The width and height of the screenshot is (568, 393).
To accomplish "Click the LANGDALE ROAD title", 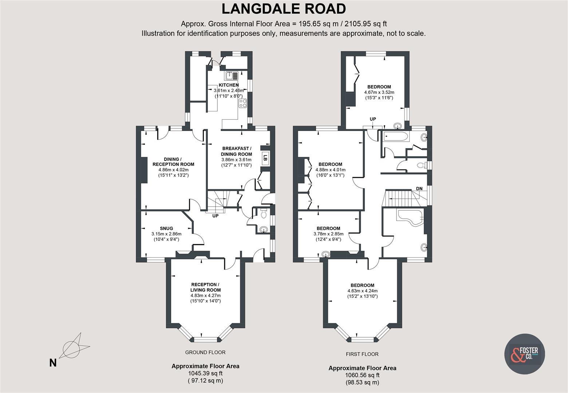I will pyautogui.click(x=284, y=9).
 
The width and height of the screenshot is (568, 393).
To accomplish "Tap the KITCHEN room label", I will pyautogui.click(x=229, y=85).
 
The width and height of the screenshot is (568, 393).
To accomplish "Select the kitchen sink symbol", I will pyautogui.click(x=231, y=76).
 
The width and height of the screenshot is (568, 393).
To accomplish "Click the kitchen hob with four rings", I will pyautogui.click(x=242, y=103).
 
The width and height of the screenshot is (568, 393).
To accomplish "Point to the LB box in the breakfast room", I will pyautogui.click(x=265, y=158).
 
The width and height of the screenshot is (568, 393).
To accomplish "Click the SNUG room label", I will pyautogui.click(x=166, y=229).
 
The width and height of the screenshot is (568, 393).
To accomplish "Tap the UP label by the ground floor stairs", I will pyautogui.click(x=215, y=216).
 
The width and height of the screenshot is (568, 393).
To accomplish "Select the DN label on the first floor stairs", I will pyautogui.click(x=419, y=188).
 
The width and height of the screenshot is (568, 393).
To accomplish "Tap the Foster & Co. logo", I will pyautogui.click(x=524, y=354).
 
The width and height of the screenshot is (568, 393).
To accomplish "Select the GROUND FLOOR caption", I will pyautogui.click(x=205, y=352).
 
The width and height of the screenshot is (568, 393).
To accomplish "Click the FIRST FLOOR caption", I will pyautogui.click(x=362, y=354).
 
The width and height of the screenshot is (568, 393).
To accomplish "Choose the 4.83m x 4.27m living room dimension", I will pyautogui.click(x=205, y=295).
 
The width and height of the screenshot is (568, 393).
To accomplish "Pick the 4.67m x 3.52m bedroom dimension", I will pyautogui.click(x=379, y=92).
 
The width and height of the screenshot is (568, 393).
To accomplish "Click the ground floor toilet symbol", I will pyautogui.click(x=264, y=214).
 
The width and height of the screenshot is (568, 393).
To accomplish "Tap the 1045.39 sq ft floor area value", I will pyautogui.click(x=205, y=373).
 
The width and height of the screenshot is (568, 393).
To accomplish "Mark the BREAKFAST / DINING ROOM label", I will pyautogui.click(x=236, y=151).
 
